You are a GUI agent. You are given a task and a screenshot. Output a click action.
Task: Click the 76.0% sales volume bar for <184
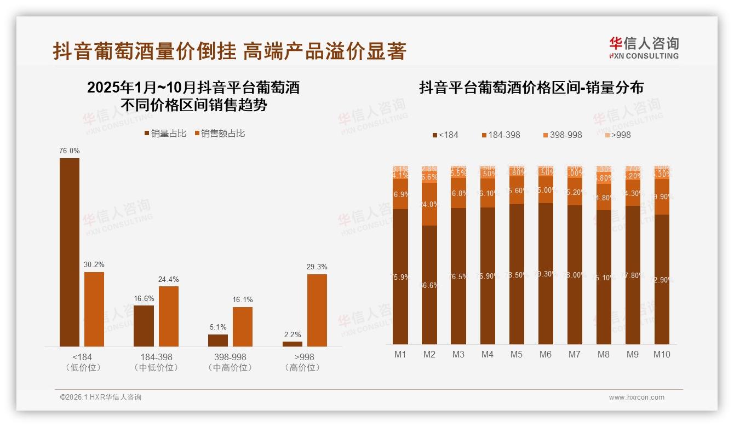point(70,252)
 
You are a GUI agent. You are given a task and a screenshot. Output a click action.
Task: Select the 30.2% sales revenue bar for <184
point(94,309)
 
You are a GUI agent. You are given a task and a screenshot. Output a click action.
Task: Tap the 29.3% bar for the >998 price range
point(317,310)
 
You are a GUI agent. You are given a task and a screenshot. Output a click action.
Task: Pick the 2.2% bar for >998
point(293,344)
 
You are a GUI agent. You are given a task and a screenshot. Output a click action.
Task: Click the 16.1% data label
point(243,299)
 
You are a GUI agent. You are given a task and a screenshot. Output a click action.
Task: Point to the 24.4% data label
point(169,279)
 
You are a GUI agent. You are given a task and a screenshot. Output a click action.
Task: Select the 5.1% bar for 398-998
point(218,340)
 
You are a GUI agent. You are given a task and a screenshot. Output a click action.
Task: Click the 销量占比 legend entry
point(165,134)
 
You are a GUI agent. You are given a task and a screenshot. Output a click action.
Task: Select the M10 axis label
point(662,354)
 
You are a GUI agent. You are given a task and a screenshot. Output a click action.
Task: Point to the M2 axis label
point(429,354)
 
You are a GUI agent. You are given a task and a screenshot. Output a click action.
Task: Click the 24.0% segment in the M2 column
point(429,204)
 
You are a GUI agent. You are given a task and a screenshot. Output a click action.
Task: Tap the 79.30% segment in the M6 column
point(546,273)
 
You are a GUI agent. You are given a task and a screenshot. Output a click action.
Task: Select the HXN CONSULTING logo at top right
point(644,48)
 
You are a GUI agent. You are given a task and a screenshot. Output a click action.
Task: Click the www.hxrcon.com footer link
point(636,397)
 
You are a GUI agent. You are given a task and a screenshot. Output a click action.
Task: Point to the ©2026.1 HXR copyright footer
point(101,397)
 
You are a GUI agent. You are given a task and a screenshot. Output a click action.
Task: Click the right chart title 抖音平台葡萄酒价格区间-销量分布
point(531,88)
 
